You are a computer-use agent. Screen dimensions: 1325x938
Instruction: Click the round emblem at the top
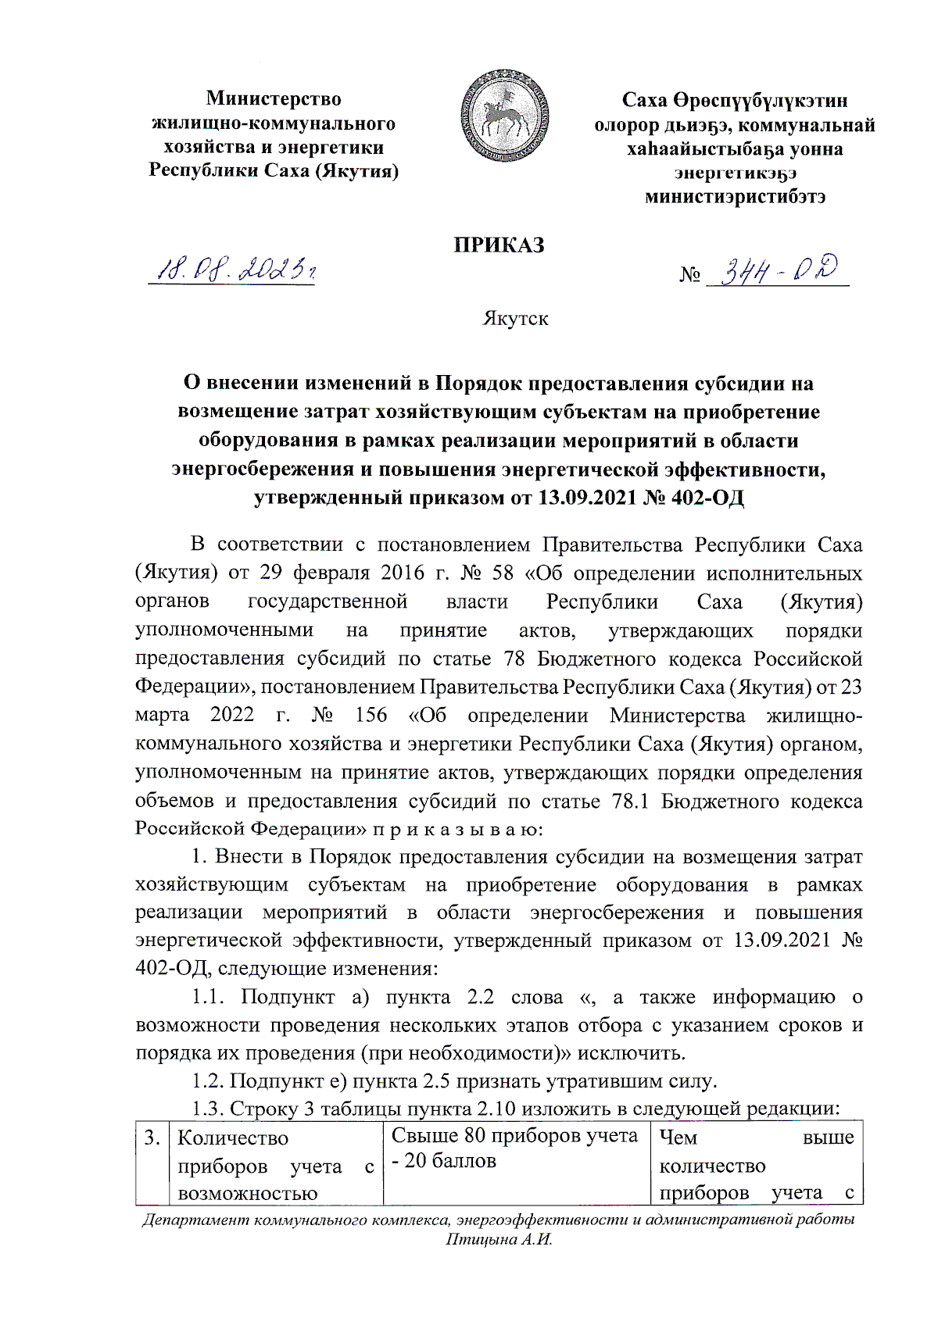(504, 116)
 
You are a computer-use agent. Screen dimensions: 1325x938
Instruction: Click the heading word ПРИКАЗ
(499, 245)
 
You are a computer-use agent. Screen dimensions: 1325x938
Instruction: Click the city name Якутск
(515, 319)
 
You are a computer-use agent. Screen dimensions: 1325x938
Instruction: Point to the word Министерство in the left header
(274, 98)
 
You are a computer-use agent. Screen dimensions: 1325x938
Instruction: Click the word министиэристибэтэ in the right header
(735, 197)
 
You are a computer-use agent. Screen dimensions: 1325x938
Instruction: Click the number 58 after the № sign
(503, 573)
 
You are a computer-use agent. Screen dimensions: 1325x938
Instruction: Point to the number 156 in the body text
(371, 715)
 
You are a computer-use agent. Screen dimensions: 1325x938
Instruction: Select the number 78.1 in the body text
(631, 801)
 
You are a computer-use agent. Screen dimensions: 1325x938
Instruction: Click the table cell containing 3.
(152, 1137)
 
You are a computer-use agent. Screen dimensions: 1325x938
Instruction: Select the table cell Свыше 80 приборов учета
(514, 1148)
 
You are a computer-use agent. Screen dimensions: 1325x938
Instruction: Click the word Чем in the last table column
(678, 1137)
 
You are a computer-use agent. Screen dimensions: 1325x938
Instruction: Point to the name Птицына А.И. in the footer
(499, 1240)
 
